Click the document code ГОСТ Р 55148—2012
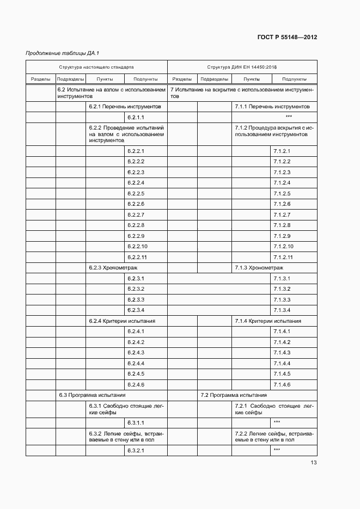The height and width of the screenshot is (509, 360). [x=286, y=38]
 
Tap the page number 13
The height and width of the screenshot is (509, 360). [x=314, y=463]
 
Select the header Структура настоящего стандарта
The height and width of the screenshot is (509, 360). [x=96, y=68]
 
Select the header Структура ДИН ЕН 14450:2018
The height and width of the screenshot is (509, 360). [x=242, y=68]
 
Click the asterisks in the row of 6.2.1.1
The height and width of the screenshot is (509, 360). [x=289, y=118]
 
